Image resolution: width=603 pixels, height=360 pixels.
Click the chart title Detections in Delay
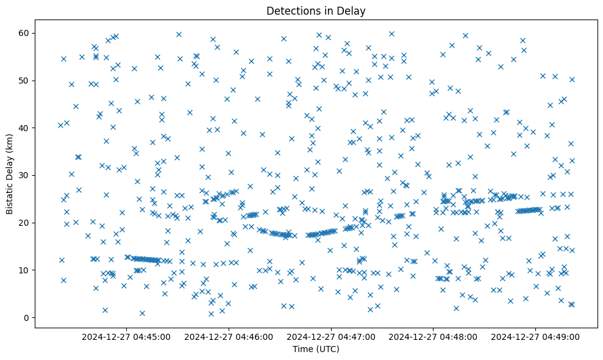pyautogui.click(x=316, y=11)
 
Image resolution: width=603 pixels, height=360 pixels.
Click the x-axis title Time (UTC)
pyautogui.click(x=316, y=350)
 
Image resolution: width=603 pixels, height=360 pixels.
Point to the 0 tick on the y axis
pyautogui.click(x=27, y=317)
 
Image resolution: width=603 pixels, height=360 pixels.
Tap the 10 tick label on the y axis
pyautogui.click(x=24, y=270)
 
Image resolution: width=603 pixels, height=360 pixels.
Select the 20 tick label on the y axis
pyautogui.click(x=24, y=223)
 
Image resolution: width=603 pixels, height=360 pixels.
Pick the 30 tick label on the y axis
pyautogui.click(x=24, y=175)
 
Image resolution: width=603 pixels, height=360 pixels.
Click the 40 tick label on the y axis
pyautogui.click(x=24, y=128)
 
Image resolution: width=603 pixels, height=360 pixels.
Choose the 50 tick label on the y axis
pyautogui.click(x=24, y=81)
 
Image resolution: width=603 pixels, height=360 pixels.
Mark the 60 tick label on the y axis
pyautogui.click(x=24, y=33)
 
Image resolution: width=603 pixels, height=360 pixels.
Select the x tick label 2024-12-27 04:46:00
pyautogui.click(x=230, y=336)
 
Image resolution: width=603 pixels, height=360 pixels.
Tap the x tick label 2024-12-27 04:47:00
pyautogui.click(x=332, y=336)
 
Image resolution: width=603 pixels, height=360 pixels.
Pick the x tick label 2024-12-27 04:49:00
pyautogui.click(x=536, y=336)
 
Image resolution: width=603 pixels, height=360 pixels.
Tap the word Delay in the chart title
pyautogui.click(x=352, y=11)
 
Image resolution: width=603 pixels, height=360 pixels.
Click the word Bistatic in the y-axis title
pyautogui.click(x=10, y=196)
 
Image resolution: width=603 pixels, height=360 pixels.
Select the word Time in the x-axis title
pyautogui.click(x=303, y=350)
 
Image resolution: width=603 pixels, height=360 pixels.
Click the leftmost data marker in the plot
pyautogui.click(x=60, y=125)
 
